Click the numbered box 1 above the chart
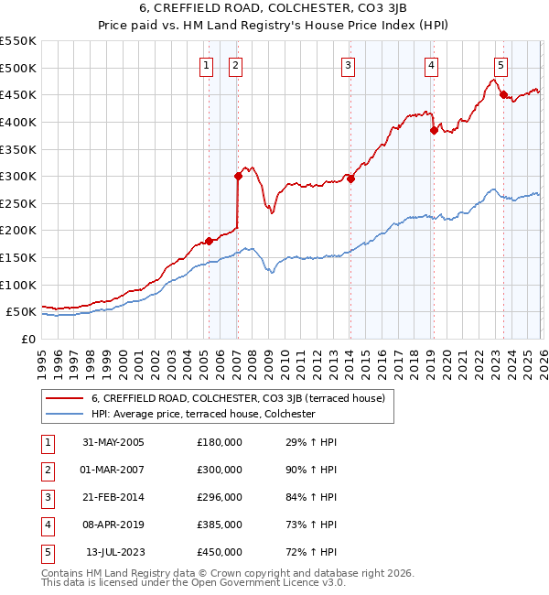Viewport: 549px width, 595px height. (207, 65)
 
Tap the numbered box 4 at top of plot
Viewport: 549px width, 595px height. (431, 65)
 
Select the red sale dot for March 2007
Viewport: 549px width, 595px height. (237, 176)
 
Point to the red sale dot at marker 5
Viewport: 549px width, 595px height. (502, 94)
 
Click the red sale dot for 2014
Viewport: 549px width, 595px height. (350, 178)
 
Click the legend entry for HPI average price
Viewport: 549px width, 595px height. (202, 414)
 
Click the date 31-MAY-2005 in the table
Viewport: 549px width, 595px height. (113, 442)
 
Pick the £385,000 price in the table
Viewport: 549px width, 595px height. (220, 525)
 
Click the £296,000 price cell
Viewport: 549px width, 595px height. (220, 497)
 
